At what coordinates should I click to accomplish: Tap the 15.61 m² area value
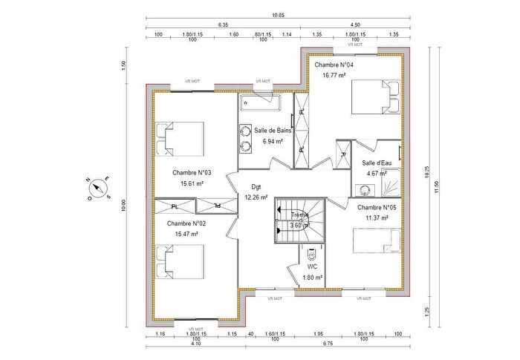click(x=192, y=183)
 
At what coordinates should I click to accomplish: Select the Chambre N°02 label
click(x=186, y=223)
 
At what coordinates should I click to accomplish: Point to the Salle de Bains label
click(x=273, y=130)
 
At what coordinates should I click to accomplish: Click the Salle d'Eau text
click(x=377, y=163)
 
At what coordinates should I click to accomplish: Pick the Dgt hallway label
click(x=256, y=187)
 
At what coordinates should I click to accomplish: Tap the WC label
click(x=312, y=266)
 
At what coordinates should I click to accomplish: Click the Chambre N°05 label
click(x=377, y=208)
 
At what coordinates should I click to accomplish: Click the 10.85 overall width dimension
click(x=257, y=15)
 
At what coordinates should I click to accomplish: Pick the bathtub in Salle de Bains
click(x=264, y=102)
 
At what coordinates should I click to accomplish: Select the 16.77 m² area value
click(x=334, y=75)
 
